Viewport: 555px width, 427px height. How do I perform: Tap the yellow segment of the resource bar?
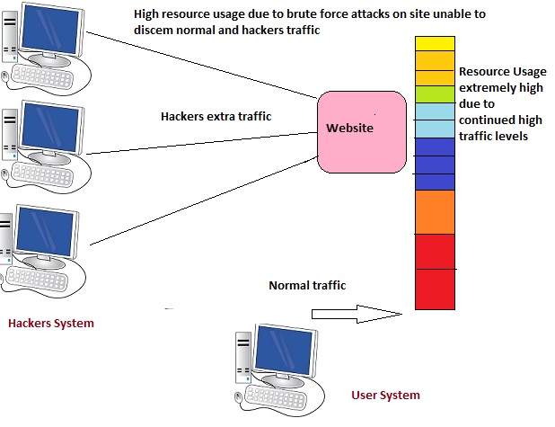pos(435,43)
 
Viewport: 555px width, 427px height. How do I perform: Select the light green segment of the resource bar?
pos(435,94)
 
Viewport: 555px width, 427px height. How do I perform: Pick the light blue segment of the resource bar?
pos(435,120)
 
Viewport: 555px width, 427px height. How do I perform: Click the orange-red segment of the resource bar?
pos(435,211)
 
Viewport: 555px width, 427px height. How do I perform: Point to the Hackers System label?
pos(50,323)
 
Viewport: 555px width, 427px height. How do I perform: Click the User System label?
pos(385,395)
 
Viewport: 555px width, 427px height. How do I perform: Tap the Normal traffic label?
pos(307,286)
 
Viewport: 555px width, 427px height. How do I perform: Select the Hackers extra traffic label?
pos(216,117)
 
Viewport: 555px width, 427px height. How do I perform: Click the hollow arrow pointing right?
pos(355,314)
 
